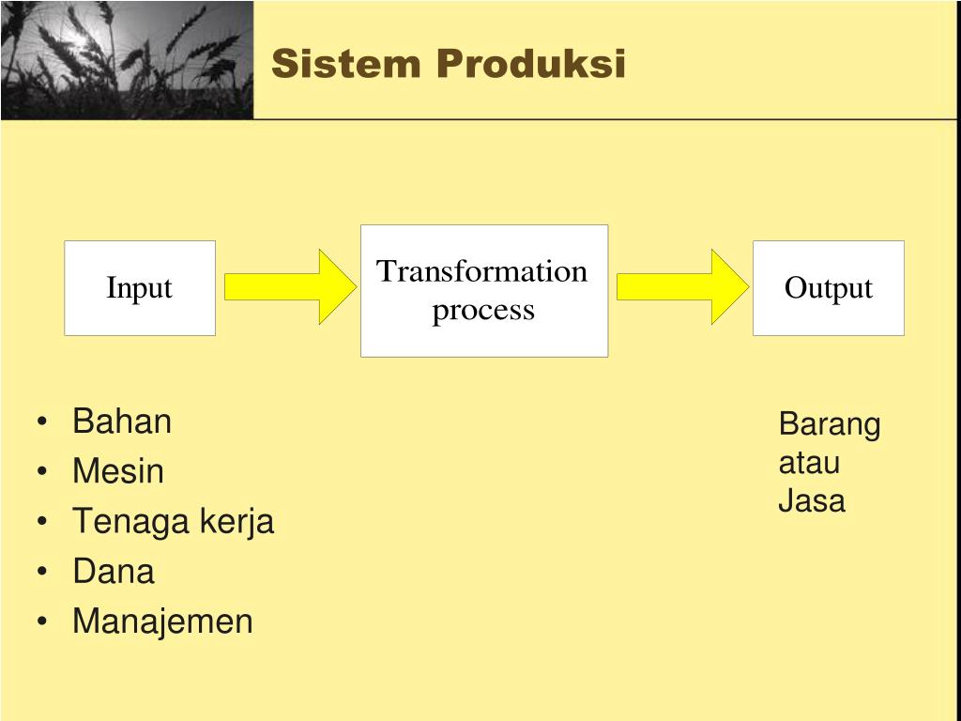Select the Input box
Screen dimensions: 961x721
pos(140,288)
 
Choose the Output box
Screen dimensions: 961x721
pos(828,288)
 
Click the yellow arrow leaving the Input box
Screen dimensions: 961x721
pos(288,286)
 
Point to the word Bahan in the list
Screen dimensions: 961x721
pos(122,422)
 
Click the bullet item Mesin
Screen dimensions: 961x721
pos(118,471)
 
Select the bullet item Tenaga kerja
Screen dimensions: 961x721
pos(173,521)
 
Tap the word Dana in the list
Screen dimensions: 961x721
pos(114,571)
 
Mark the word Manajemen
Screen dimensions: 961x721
pos(162,621)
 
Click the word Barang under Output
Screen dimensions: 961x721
pos(830,424)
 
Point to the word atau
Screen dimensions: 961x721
pos(809,463)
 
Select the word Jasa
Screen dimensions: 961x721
pos(812,500)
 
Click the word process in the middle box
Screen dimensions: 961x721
pos(483,310)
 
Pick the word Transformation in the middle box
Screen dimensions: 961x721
pos(482,271)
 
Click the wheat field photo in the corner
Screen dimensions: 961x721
pos(127,59)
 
